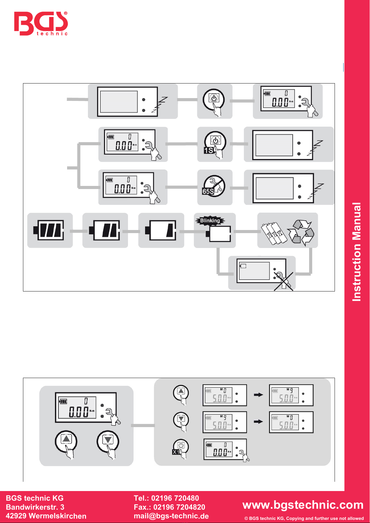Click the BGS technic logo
pos(41,24)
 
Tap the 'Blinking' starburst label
pos(210,221)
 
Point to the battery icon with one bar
pos(161,230)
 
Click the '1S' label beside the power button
pos(208,151)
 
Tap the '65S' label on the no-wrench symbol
pos(208,192)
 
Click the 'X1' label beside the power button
pos(176,452)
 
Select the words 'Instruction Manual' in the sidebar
pos(357,252)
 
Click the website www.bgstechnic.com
pos(303,505)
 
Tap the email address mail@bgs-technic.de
pos(171,516)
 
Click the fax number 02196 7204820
pos(179,507)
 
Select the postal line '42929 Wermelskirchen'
pos(46,516)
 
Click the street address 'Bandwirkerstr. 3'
pos(35,507)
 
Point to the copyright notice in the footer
pos(304,518)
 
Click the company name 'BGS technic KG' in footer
pos(34,498)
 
